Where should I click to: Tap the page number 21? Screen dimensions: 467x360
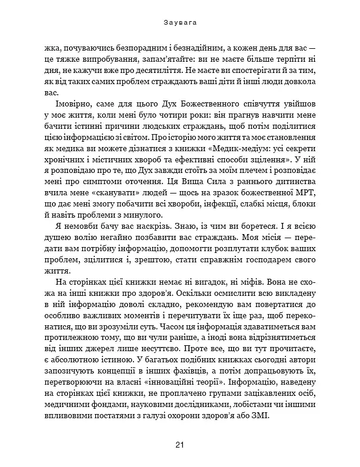179,444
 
